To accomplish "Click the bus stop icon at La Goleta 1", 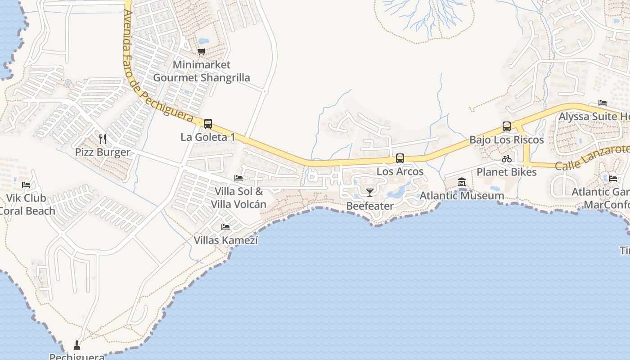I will pos(207,123).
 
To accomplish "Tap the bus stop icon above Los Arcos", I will pos(400,158).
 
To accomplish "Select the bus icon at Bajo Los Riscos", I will pos(506,126).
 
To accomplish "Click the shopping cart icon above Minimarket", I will pos(202,52).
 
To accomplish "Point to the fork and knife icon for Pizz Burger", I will pos(103,139).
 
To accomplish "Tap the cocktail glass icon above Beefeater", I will pos(369,193).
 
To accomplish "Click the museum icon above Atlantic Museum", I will pos(462,182).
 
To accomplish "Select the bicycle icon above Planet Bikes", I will pos(507,159).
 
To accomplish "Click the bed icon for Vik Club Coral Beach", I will pos(26,184).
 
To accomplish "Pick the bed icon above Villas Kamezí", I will pos(225,227).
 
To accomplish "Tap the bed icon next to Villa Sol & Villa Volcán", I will pos(238,178).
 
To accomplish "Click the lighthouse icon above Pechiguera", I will pos(77,345).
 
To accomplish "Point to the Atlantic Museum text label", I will pos(462,196).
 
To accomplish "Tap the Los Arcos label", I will pos(400,171).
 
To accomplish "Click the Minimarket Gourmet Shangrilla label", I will pos(202,71).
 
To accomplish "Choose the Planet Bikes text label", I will pos(507,172).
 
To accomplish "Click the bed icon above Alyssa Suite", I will pos(603,103).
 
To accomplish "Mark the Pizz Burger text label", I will pos(103,152).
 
